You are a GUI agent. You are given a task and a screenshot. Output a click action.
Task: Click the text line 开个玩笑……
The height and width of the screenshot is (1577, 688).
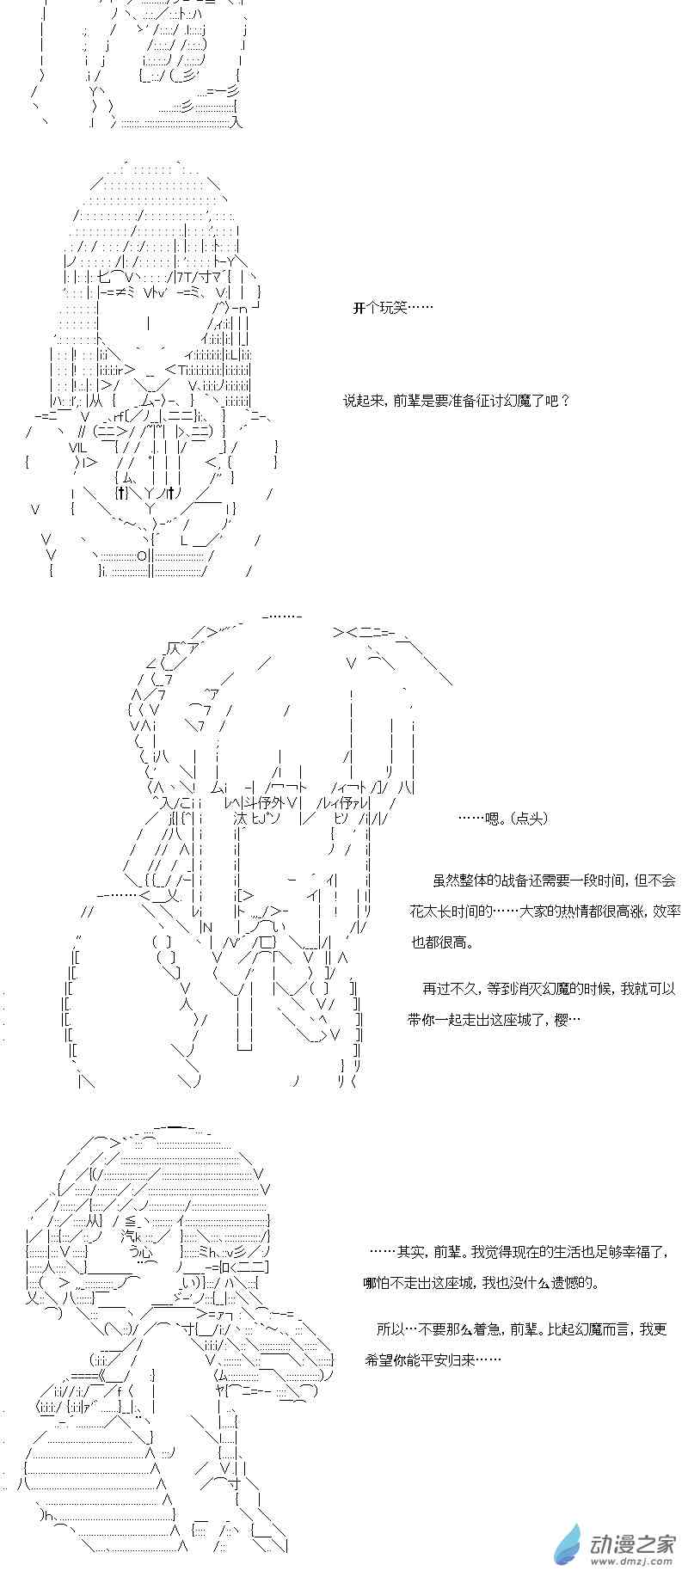(x=393, y=308)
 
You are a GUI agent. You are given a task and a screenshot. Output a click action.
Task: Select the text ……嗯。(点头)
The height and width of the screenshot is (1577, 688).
(x=503, y=819)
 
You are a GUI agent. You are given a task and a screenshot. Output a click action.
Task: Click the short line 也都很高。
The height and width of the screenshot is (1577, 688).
(x=442, y=942)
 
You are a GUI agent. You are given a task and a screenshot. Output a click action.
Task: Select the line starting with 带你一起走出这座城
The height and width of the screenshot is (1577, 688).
(x=494, y=1019)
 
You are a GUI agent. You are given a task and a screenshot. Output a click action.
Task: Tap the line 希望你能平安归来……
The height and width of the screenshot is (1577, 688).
(x=433, y=1359)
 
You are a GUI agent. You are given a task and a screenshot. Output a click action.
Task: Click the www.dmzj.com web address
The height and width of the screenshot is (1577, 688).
(x=635, y=1563)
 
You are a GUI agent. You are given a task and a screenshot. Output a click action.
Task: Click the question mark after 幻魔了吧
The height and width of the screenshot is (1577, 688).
(x=564, y=400)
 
